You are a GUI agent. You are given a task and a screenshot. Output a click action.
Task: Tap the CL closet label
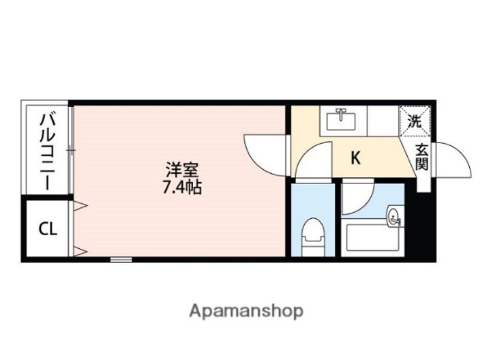click(47, 229)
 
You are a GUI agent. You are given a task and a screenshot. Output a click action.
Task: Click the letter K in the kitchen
click(355, 158)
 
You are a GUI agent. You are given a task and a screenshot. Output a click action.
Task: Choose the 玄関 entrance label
click(422, 157)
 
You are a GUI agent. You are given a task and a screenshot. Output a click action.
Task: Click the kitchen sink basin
click(342, 121)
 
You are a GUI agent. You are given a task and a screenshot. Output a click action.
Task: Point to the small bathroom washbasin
click(395, 218)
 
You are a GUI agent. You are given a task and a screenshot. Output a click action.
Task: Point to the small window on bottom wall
click(121, 259)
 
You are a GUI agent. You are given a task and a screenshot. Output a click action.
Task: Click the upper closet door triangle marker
click(78, 205)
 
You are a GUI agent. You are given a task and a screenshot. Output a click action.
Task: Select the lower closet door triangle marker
click(78, 251)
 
